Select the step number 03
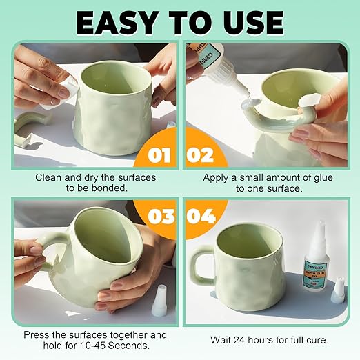[159, 216]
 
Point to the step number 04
[201, 216]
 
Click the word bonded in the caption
[114, 188]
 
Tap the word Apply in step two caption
[217, 177]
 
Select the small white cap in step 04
[338, 293]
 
